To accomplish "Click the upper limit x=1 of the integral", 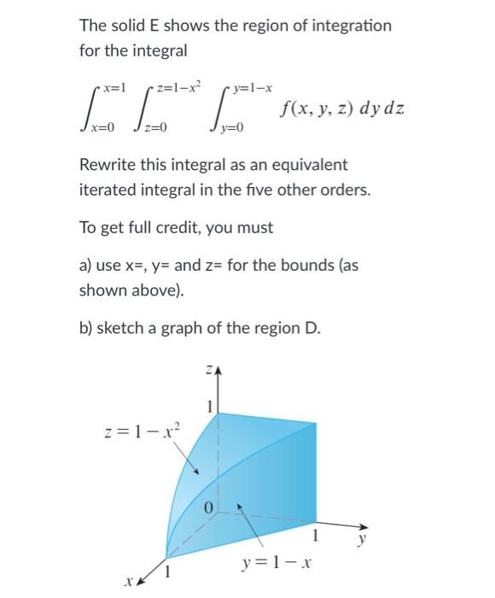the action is coord(114,88).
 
